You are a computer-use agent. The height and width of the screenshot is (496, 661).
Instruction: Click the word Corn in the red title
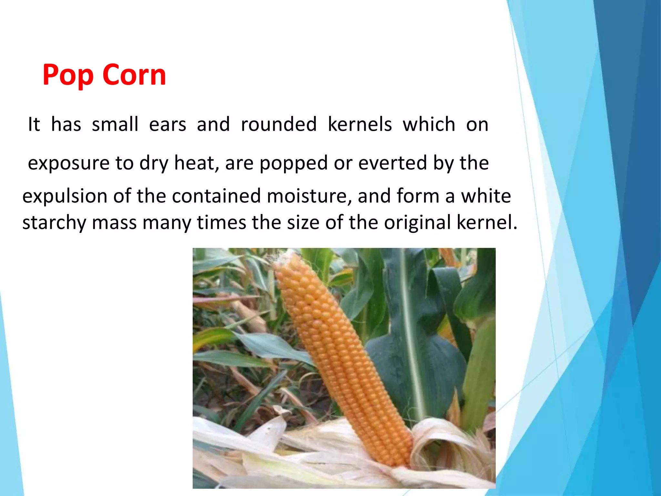click(134, 75)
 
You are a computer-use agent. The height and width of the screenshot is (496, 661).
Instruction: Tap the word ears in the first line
click(168, 125)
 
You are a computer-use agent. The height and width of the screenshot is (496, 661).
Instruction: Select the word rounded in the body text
click(279, 124)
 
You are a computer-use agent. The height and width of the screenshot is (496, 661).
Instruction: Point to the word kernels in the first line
click(360, 124)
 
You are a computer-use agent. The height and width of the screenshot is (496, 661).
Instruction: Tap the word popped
click(293, 163)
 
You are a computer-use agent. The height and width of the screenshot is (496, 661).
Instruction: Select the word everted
click(393, 163)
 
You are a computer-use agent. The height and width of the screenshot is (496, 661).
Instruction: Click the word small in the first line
click(115, 124)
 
